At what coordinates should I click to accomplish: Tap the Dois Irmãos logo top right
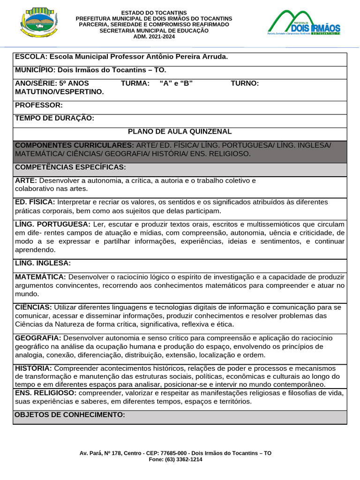pos(303,23)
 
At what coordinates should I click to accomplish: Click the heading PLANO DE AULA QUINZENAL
pos(180,132)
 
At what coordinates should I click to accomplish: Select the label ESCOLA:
pos(31,57)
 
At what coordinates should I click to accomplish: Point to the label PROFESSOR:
pos(38,105)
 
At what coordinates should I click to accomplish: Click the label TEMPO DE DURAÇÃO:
pos(55,118)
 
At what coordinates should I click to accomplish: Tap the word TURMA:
pos(135,83)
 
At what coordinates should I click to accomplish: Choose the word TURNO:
pos(245,83)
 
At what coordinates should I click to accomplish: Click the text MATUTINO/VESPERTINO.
pos(60,92)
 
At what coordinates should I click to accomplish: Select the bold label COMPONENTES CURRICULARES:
pos(75,145)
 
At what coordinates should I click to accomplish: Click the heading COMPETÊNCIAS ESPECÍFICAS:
pos(71,167)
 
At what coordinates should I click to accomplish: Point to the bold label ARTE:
pos(26,180)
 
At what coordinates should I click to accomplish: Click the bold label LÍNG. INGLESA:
pos(43,263)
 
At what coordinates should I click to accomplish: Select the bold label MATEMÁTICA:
pos(40,277)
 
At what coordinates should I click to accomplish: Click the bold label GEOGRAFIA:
pos(38,338)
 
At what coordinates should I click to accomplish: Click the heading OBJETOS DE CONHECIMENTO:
pos(70,415)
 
